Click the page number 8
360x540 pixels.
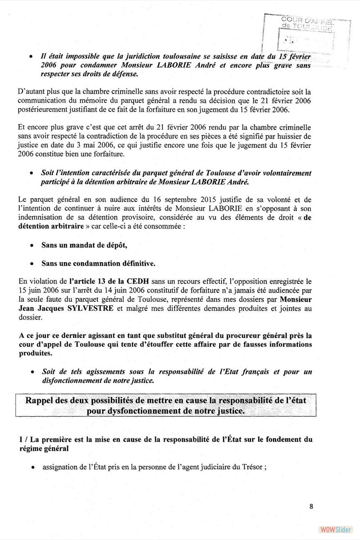pos(311,506)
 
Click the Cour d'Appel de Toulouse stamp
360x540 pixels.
pos(306,34)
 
